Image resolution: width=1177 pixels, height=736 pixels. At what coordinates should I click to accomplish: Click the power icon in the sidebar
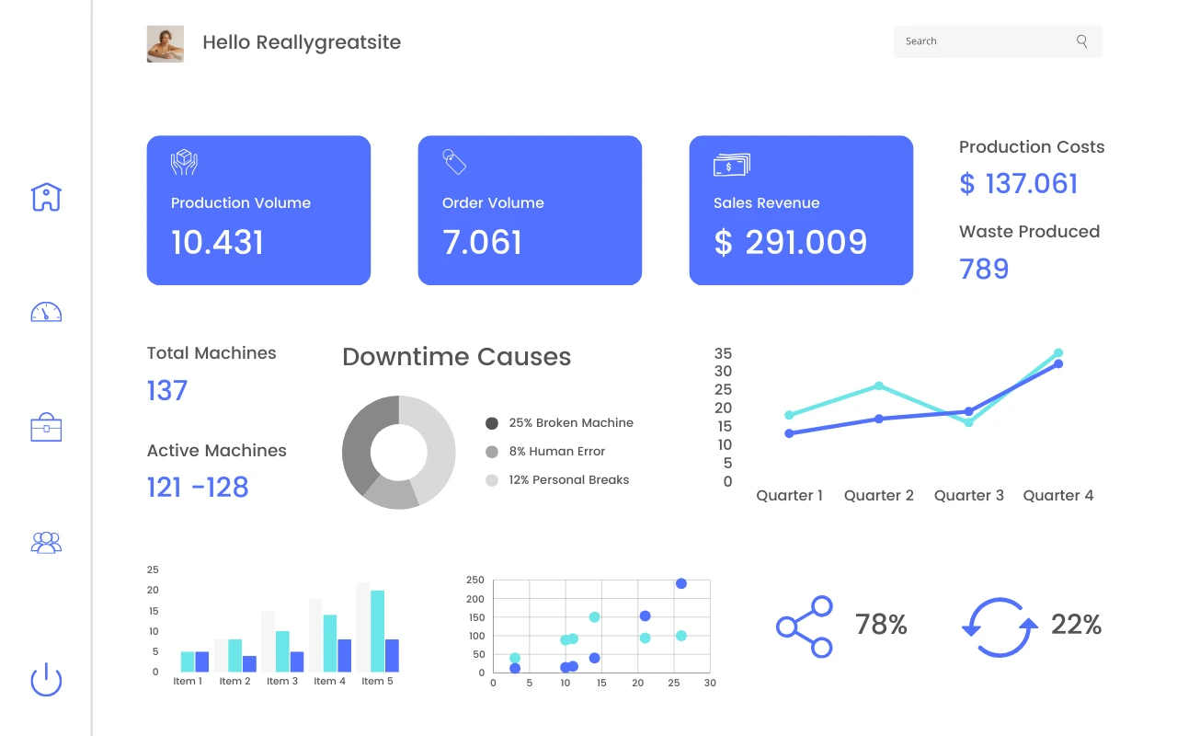click(46, 680)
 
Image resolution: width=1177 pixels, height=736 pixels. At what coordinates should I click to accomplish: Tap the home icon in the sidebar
click(46, 196)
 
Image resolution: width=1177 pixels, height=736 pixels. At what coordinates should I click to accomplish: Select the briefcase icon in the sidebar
click(46, 428)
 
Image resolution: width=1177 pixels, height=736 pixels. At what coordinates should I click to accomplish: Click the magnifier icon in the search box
click(1082, 41)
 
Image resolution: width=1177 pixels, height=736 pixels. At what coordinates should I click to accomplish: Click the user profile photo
click(166, 43)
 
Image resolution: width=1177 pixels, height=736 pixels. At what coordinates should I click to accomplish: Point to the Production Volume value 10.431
click(218, 243)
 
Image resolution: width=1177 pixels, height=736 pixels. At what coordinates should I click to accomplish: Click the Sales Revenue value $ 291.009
click(791, 243)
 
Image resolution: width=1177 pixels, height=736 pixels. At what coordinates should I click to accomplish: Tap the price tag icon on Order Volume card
click(454, 162)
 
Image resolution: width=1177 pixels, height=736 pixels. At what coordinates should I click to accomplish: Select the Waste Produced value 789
click(984, 269)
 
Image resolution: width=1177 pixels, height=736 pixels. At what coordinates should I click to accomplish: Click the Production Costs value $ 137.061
click(1019, 184)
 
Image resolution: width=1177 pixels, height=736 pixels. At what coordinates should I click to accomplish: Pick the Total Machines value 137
click(167, 391)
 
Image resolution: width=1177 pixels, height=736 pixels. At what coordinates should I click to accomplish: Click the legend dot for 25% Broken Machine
click(492, 423)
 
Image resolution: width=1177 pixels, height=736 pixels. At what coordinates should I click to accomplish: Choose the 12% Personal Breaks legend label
click(568, 480)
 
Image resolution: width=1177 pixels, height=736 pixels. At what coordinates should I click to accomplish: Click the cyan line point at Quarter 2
click(879, 385)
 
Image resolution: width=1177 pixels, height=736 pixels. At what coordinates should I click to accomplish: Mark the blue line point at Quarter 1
click(789, 433)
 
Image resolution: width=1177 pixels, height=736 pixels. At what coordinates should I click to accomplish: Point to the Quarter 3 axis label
click(969, 496)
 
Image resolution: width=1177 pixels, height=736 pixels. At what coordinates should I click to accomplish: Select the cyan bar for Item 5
click(377, 630)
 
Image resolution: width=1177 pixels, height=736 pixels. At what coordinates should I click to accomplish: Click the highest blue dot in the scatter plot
click(681, 583)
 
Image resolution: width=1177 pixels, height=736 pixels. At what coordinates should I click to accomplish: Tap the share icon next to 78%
click(805, 627)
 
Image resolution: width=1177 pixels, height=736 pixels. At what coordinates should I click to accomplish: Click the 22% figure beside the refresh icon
click(1076, 625)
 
